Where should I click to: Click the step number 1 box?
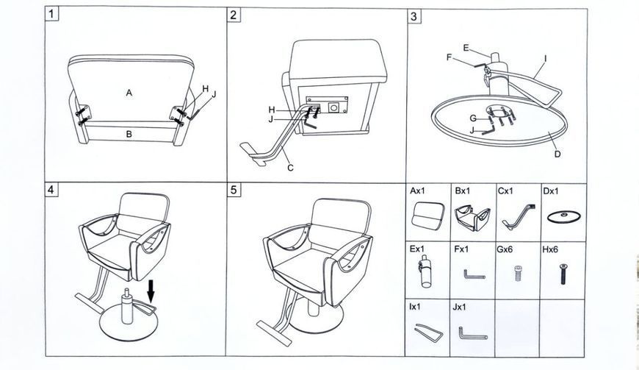pyautogui.click(x=51, y=14)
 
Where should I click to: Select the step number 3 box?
pyautogui.click(x=414, y=16)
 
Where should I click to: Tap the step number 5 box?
pyautogui.click(x=234, y=190)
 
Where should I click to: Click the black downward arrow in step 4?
pyautogui.click(x=151, y=291)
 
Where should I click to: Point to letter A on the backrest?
pyautogui.click(x=129, y=93)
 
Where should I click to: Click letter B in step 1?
pyautogui.click(x=129, y=134)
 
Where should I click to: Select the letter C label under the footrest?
pyautogui.click(x=290, y=168)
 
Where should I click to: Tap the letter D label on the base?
pyautogui.click(x=557, y=154)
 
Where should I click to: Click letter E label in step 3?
pyautogui.click(x=466, y=48)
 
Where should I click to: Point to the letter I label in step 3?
pyautogui.click(x=545, y=59)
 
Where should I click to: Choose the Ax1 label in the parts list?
pyautogui.click(x=419, y=191)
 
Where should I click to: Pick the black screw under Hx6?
pyautogui.click(x=563, y=274)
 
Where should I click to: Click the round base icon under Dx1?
pyautogui.click(x=563, y=216)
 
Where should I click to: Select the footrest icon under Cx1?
pyautogui.click(x=518, y=217)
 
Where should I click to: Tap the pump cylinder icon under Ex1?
pyautogui.click(x=425, y=271)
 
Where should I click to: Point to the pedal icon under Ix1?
pyautogui.click(x=428, y=332)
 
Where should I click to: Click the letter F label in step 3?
pyautogui.click(x=449, y=57)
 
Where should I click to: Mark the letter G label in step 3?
pyautogui.click(x=473, y=118)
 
